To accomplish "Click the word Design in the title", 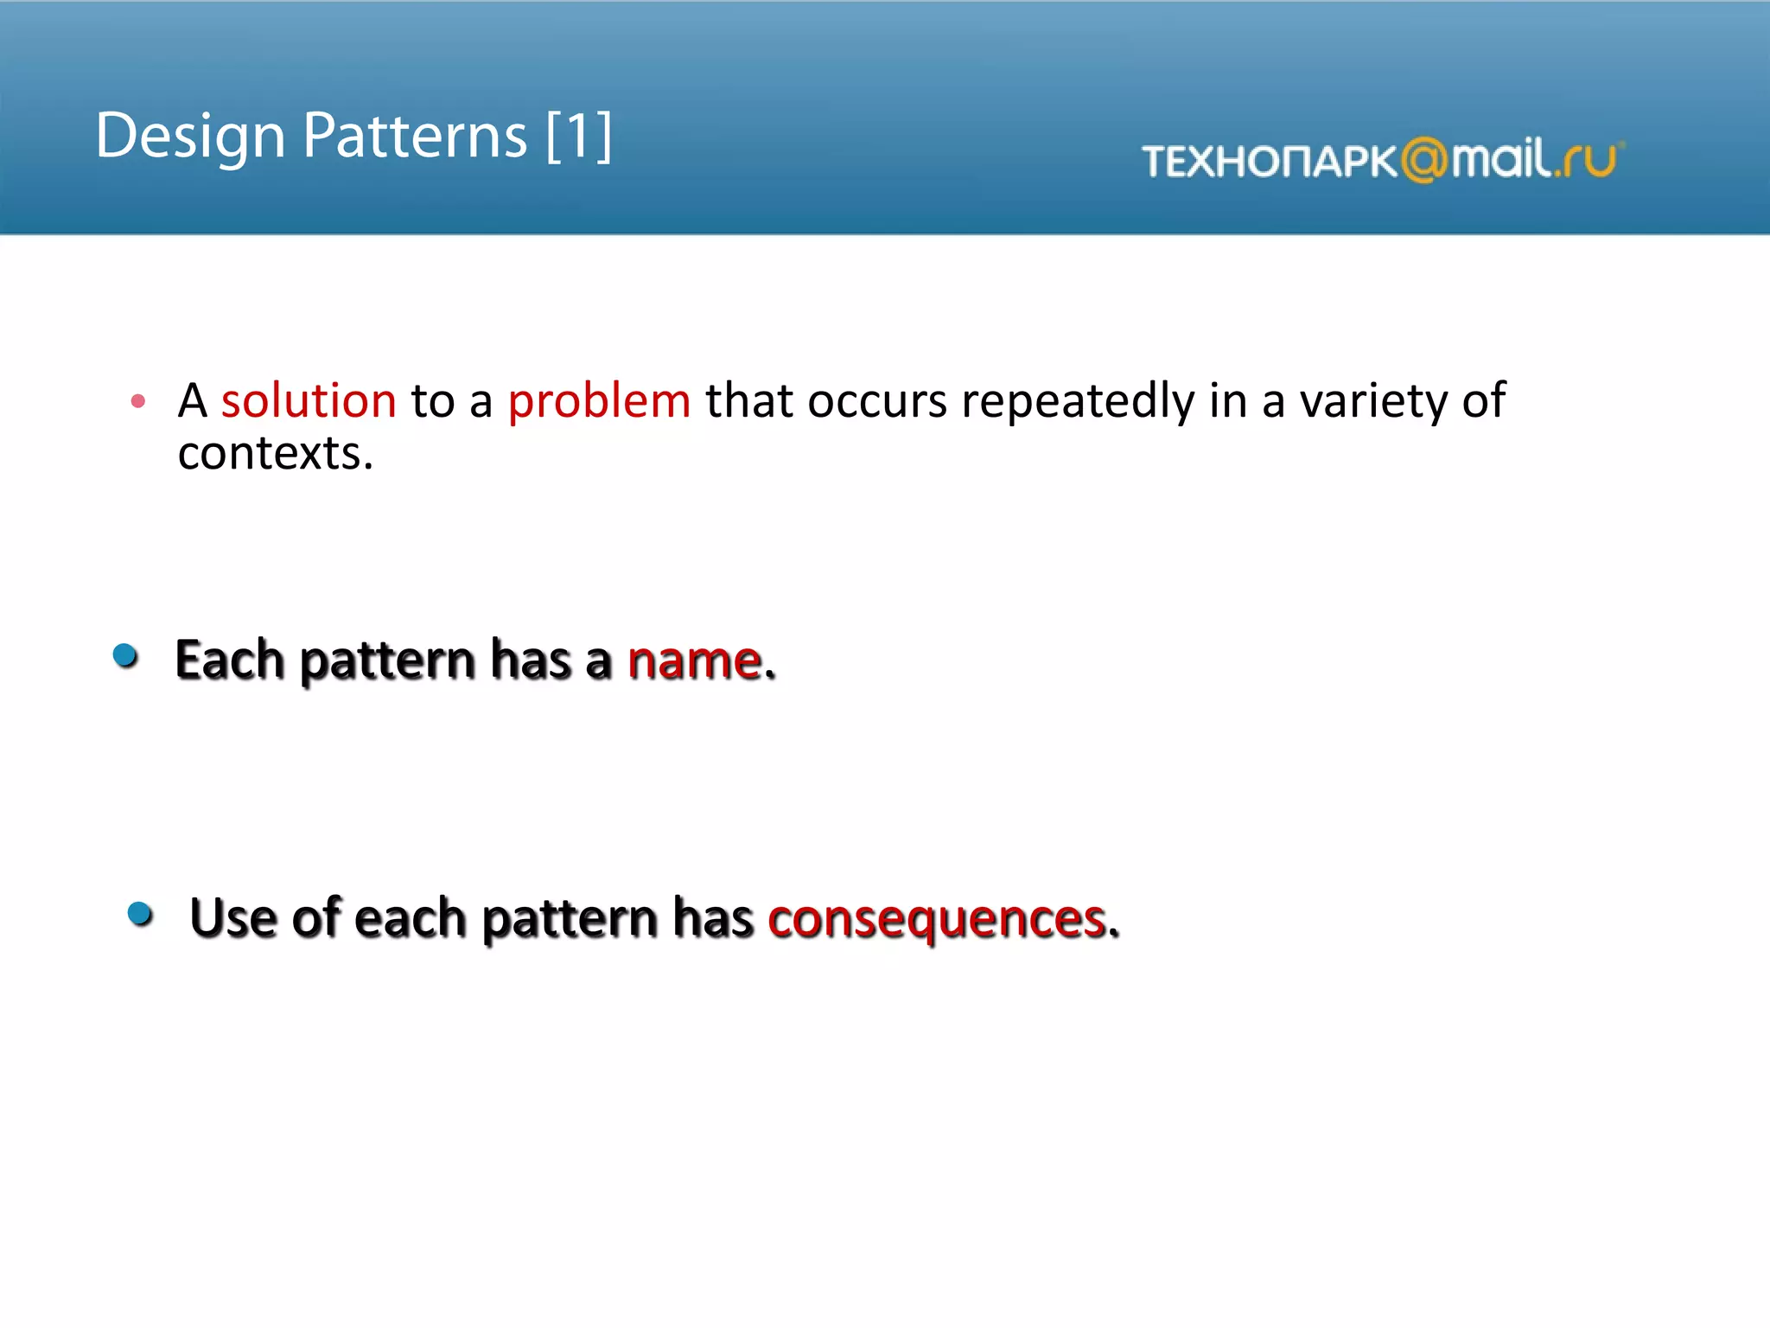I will click(x=190, y=137).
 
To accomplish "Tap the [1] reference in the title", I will click(x=579, y=137).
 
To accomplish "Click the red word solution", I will click(x=309, y=401).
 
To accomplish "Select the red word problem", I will click(x=599, y=401).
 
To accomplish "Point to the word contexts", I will click(x=275, y=453).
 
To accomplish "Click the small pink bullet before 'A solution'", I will click(x=138, y=400).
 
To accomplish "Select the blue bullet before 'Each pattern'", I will click(x=126, y=656).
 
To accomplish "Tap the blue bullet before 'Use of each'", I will click(x=140, y=914).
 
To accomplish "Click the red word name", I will click(x=695, y=661).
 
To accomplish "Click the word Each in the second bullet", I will click(x=230, y=661).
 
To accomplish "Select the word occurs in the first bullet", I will click(x=877, y=401).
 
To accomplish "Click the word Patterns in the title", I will click(x=415, y=137).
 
